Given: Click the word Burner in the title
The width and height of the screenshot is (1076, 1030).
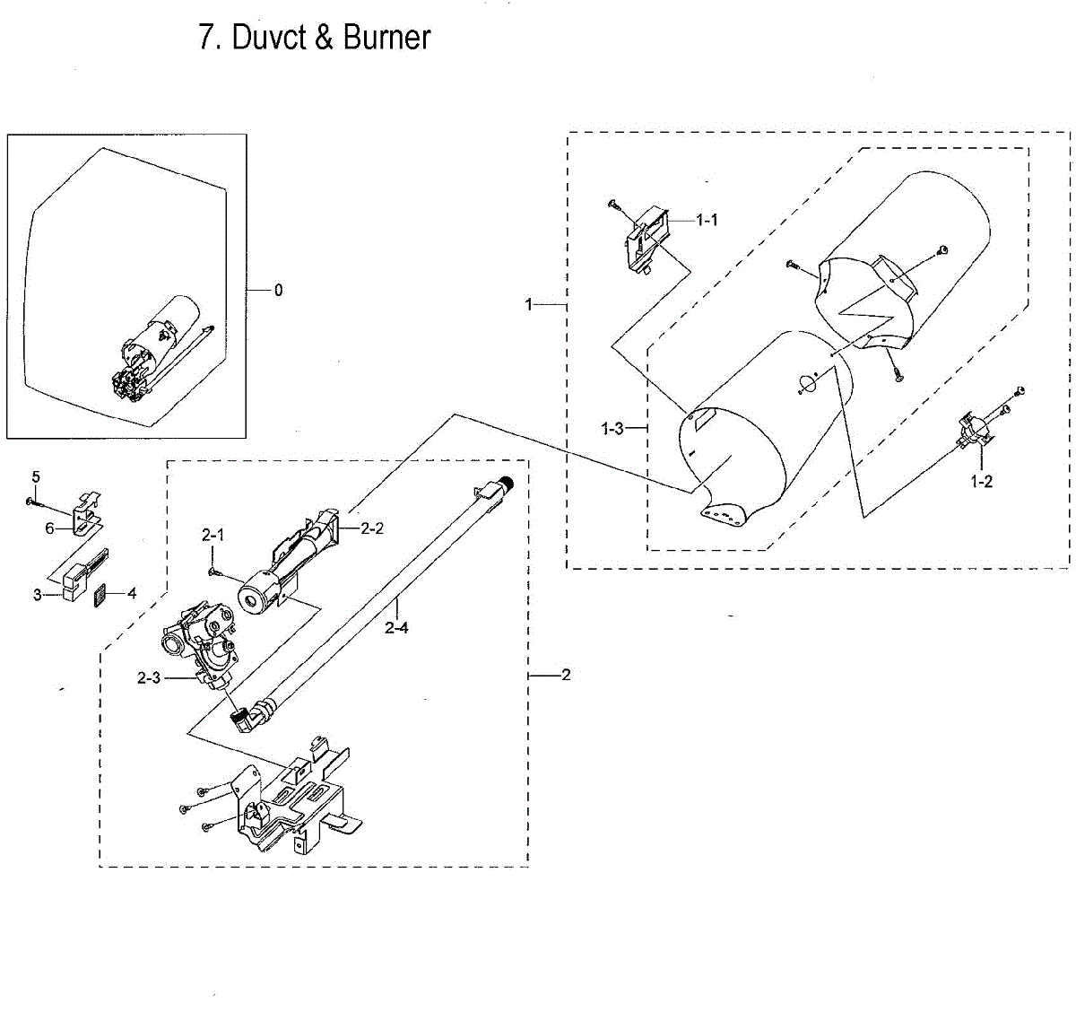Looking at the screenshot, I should point(386,38).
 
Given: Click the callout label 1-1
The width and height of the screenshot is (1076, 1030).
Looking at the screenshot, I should point(707,220).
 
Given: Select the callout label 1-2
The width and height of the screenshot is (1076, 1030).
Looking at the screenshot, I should point(981,482).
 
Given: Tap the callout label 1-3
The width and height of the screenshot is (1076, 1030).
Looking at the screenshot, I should point(612,429).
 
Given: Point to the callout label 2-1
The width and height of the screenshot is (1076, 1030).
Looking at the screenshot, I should point(213,535).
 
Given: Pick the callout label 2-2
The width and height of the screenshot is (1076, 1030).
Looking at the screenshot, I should point(372,528).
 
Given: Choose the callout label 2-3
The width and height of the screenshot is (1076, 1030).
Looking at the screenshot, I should point(149,678).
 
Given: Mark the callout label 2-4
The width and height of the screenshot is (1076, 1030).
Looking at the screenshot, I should point(396,628).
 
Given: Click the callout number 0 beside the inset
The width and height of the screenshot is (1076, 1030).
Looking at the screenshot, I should point(278,291).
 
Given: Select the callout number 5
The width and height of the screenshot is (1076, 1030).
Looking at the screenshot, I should point(36,476).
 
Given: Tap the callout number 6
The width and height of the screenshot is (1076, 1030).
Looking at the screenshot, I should point(50,528).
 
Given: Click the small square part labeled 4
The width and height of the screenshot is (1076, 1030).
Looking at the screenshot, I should point(100,596).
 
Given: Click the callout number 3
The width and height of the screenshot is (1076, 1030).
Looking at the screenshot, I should point(38,595).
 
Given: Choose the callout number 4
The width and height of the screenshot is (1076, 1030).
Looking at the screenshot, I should point(132,593).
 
